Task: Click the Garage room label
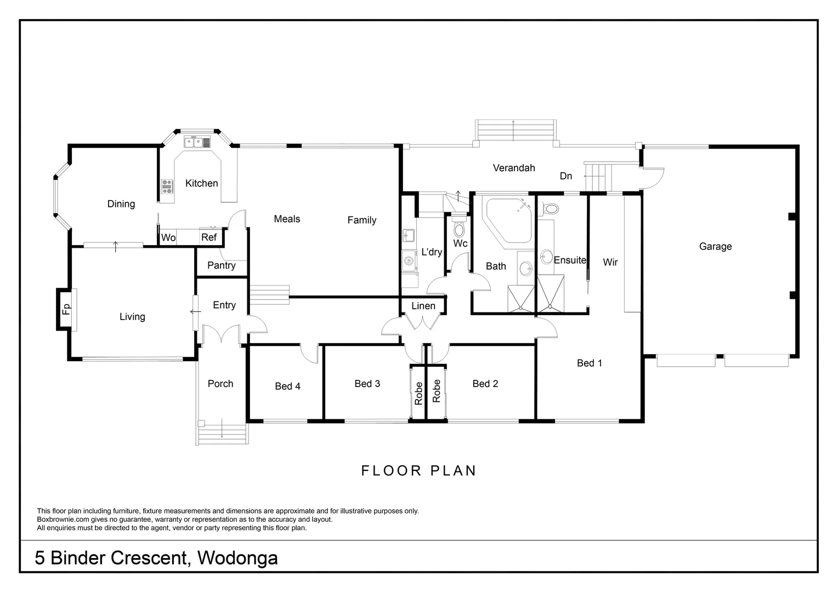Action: tap(715, 247)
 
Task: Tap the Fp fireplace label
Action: tap(66, 309)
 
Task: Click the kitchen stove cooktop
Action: tap(167, 187)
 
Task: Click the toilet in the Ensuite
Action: tap(550, 209)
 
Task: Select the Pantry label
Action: tap(222, 265)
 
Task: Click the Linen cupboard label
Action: tap(423, 306)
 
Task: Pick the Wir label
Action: tap(610, 263)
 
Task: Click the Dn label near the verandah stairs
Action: tap(566, 176)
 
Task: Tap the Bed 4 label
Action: tap(287, 386)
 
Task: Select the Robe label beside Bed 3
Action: tap(418, 393)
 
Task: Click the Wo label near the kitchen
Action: tap(168, 238)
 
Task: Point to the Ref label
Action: tap(209, 238)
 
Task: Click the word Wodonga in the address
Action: tap(237, 558)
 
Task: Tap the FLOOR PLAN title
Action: tap(419, 471)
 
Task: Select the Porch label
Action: tap(220, 384)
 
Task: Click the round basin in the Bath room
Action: tap(525, 268)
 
